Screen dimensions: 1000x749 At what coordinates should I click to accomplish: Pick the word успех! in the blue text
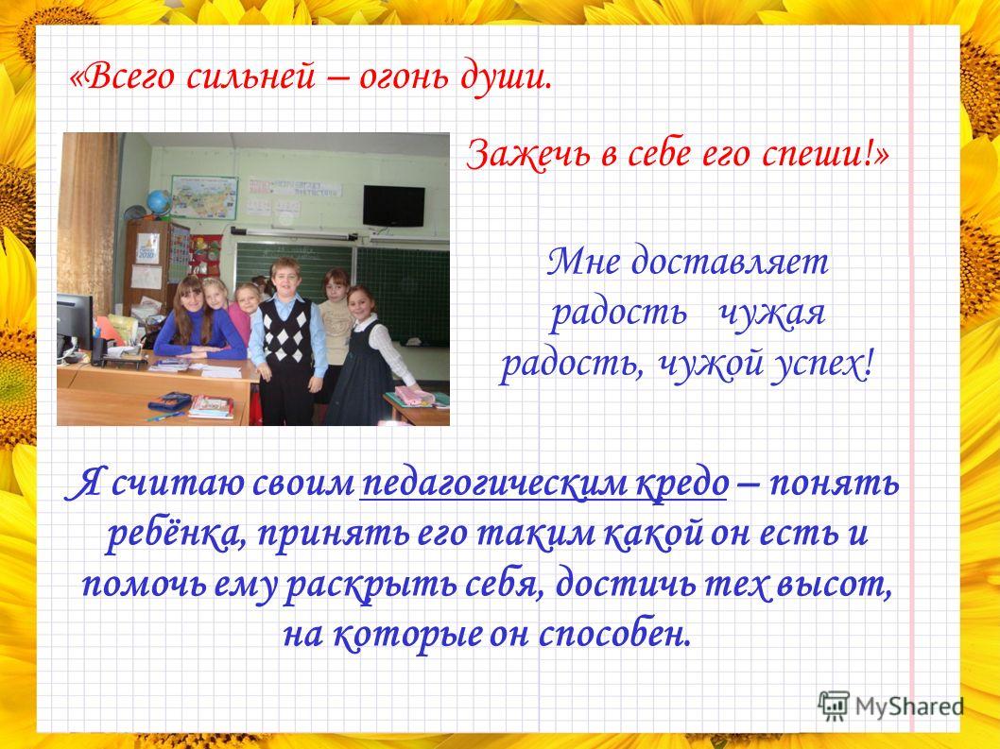(x=820, y=366)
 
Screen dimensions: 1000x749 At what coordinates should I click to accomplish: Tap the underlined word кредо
(x=681, y=485)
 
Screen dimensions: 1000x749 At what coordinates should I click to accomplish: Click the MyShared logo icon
(x=834, y=706)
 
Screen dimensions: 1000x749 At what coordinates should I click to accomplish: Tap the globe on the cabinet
(x=158, y=203)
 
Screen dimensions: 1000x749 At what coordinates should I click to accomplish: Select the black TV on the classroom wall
(x=394, y=206)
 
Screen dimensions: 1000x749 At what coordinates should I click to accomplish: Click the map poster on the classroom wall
(x=204, y=197)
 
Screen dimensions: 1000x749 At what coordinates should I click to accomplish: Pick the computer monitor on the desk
(x=75, y=322)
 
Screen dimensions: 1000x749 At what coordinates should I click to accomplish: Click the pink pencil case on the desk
(x=414, y=396)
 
